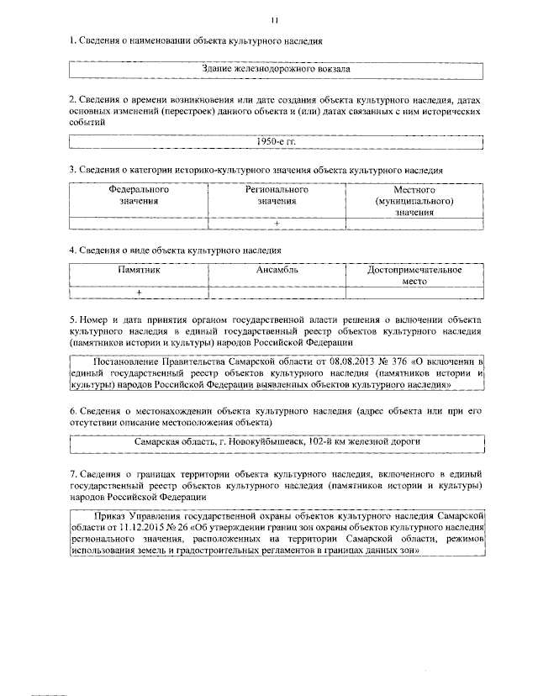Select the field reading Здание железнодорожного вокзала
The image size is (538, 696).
pos(277,69)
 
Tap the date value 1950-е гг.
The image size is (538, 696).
pos(276,142)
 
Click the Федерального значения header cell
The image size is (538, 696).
pos(138,196)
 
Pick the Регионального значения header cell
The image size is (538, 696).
pos(277,196)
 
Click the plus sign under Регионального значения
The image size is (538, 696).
pos(277,223)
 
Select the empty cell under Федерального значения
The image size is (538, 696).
pos(138,223)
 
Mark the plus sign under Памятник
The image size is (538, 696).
pos(139,292)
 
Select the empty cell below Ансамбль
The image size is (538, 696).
pos(277,292)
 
